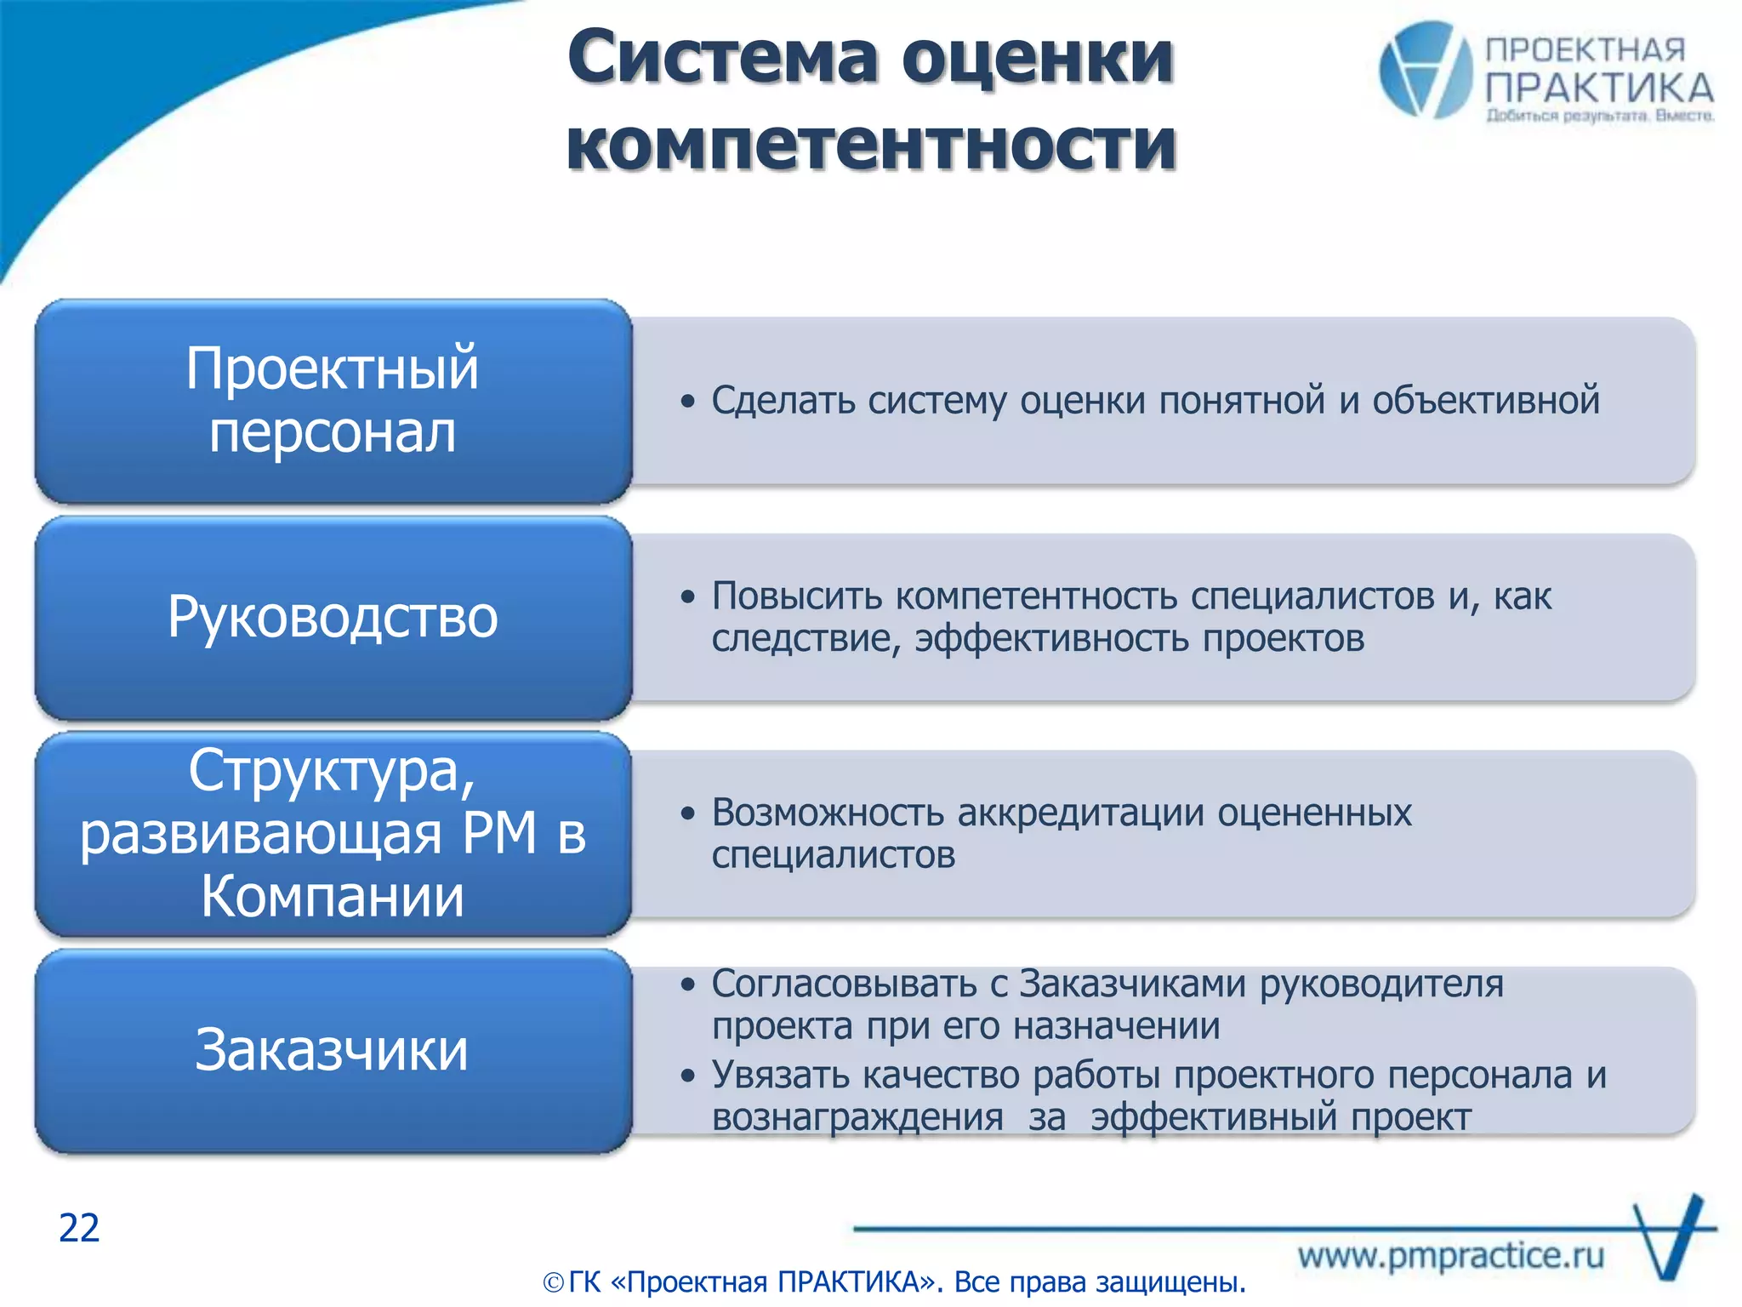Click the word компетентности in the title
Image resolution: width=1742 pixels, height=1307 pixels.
(871, 145)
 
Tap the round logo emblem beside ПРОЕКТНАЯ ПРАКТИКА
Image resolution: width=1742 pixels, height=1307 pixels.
(1426, 70)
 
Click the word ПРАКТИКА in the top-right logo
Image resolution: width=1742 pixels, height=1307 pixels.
(1599, 88)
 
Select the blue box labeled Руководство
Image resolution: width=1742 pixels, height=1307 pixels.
(333, 617)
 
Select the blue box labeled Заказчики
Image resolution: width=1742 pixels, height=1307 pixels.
(333, 1050)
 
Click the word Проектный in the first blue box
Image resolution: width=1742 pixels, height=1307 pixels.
(333, 368)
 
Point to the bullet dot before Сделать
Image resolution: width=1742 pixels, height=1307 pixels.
(688, 401)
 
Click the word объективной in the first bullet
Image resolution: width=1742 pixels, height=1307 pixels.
(1485, 400)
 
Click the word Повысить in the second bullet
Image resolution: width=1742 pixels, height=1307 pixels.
(797, 596)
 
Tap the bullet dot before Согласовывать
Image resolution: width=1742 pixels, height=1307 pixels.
(688, 985)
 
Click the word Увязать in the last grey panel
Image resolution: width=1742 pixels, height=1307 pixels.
(780, 1075)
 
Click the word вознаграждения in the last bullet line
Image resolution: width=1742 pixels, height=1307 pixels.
(857, 1117)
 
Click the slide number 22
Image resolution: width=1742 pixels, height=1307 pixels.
(79, 1228)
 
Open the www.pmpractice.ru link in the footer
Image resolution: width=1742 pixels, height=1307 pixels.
(1450, 1256)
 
